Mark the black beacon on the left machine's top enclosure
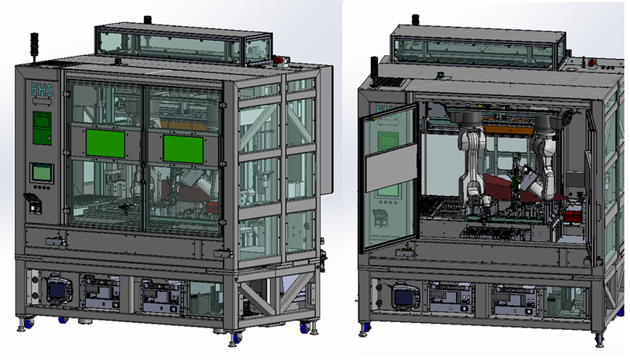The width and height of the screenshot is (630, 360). coord(146,19)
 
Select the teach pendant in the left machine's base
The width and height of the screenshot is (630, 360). coord(58,288)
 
